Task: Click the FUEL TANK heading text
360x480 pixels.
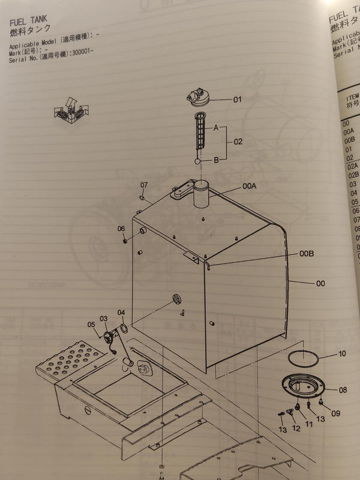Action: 28,20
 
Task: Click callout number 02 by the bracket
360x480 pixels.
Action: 238,143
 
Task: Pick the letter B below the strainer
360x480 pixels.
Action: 215,160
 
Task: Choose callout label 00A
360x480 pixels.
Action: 250,187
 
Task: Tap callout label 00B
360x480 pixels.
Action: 307,254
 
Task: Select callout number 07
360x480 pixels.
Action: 144,184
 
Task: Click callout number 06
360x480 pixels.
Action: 121,229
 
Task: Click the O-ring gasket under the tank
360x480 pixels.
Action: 302,359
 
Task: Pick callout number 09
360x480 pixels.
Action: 335,413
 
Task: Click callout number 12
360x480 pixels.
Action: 296,428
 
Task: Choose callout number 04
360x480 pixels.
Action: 121,313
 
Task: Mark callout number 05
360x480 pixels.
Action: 92,325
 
